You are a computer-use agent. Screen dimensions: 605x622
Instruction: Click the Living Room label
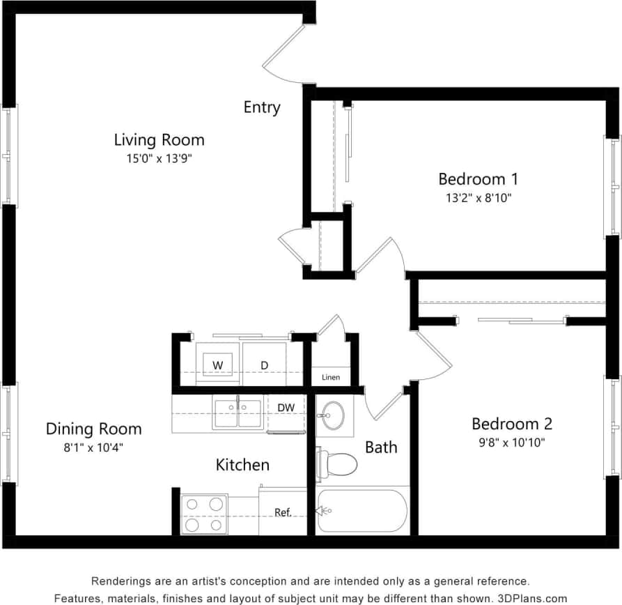click(159, 139)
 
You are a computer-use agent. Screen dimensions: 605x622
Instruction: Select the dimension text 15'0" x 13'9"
click(159, 159)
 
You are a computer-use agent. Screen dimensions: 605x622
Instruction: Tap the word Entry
click(262, 107)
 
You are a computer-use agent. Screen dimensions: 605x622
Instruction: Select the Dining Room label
click(93, 429)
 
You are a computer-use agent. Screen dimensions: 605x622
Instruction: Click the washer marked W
click(217, 365)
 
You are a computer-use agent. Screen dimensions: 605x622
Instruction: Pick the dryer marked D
click(265, 365)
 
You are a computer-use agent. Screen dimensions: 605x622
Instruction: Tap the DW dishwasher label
click(285, 408)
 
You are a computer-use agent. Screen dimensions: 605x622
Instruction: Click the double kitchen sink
click(238, 413)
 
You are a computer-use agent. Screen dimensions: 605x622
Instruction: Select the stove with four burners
click(204, 514)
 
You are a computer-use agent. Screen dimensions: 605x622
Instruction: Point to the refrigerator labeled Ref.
click(282, 512)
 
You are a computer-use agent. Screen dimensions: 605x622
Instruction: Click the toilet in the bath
click(337, 462)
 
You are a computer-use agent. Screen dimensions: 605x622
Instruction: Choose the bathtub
click(361, 511)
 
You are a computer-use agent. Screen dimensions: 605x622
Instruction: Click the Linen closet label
click(331, 378)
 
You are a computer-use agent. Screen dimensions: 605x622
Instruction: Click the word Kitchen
click(242, 464)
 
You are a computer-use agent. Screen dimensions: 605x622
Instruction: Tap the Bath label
click(381, 447)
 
